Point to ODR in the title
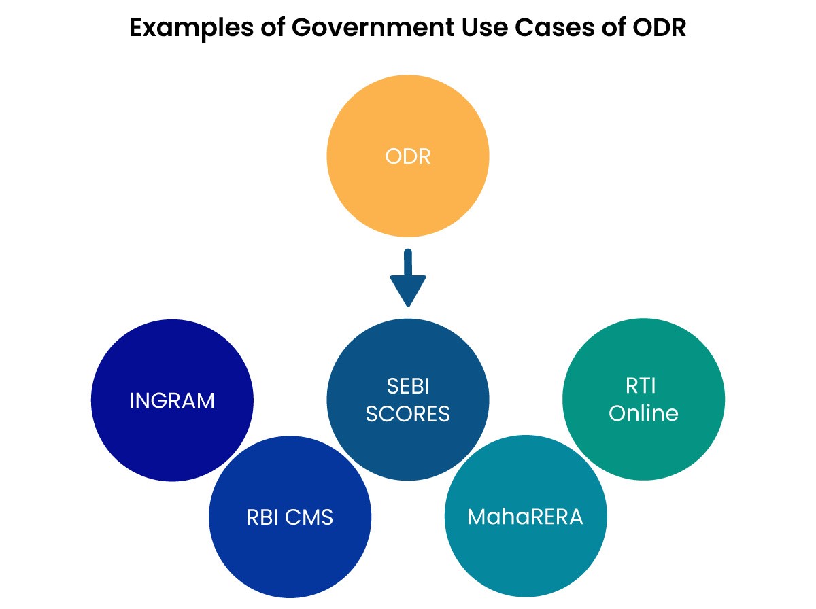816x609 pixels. point(658,29)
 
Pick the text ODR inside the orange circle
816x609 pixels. point(407,157)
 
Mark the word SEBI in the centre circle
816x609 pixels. point(407,387)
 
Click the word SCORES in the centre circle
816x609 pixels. point(407,413)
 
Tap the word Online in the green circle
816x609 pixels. point(643,413)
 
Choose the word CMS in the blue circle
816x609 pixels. point(309,517)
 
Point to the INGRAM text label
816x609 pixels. point(172,400)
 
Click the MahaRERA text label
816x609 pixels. point(525,517)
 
